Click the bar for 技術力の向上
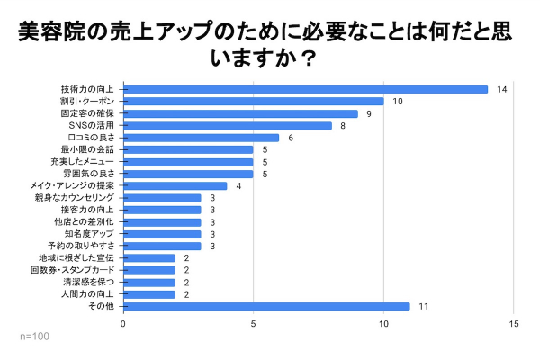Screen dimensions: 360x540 [305, 89]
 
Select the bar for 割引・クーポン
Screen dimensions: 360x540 [253, 101]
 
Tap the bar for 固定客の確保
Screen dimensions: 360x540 [240, 113]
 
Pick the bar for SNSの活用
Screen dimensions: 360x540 [227, 125]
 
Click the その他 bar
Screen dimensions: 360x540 [266, 306]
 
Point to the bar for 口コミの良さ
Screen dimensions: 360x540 [201, 137]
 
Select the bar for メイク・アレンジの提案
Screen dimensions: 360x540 [175, 185]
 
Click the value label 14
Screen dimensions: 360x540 [502, 89]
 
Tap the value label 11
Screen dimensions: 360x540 [423, 306]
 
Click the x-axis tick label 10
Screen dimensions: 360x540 [384, 324]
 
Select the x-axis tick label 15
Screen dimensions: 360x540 [514, 324]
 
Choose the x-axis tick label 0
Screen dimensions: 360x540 [123, 324]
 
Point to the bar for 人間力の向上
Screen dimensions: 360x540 [148, 293]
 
